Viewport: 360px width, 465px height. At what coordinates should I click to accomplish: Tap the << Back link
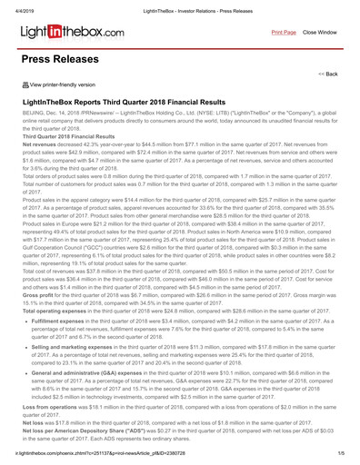point(327,74)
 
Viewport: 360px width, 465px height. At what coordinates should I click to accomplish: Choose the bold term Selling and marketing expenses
point(77,322)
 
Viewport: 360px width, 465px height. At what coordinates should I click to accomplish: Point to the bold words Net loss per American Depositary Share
point(85,402)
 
